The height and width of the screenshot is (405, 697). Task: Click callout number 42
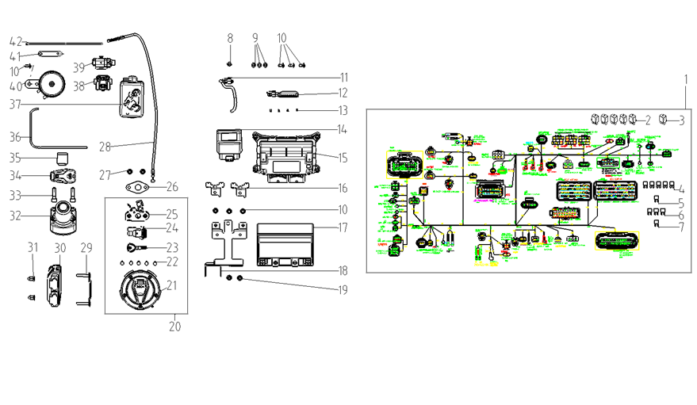[14, 41]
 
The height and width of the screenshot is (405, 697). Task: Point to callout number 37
[14, 103]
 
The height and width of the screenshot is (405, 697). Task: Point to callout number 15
[342, 158]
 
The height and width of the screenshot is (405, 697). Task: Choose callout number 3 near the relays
[683, 120]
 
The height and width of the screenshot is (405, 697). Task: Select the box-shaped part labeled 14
[227, 145]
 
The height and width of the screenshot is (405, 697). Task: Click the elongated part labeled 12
[284, 94]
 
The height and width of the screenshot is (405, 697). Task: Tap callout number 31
[33, 248]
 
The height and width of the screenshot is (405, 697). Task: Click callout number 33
[14, 194]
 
